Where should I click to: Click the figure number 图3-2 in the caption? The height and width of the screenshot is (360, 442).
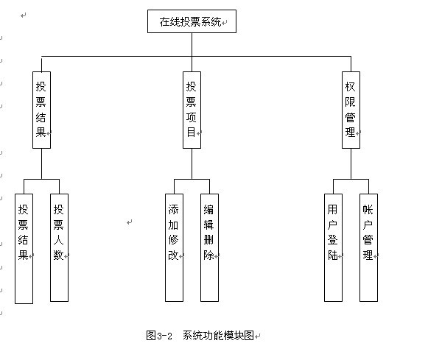(x=159, y=336)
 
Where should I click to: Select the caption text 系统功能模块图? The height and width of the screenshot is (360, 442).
(x=219, y=336)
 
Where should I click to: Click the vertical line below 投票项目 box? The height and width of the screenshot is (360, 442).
(x=192, y=163)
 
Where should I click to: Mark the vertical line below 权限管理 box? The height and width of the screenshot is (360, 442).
(x=351, y=163)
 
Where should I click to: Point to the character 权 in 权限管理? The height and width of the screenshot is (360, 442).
(x=350, y=87)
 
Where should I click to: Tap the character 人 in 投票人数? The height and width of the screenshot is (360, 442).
(x=58, y=240)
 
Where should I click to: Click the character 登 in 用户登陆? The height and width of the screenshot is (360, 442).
(x=332, y=240)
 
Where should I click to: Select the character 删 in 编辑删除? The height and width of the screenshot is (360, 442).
(x=208, y=240)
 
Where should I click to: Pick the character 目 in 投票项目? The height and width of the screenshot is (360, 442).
(x=191, y=132)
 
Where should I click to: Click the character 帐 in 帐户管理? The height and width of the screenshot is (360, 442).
(x=368, y=210)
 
